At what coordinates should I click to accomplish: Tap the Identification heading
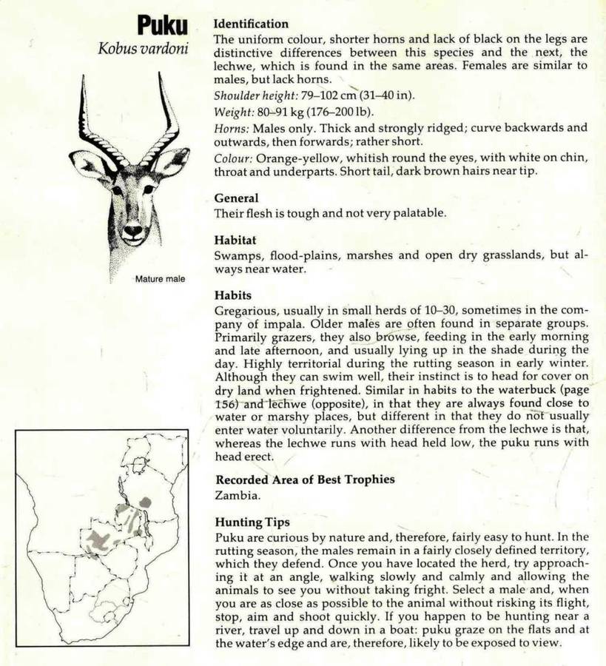(x=251, y=24)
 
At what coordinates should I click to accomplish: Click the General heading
(x=236, y=198)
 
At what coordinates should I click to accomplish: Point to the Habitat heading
(x=235, y=240)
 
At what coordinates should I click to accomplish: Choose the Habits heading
(x=232, y=295)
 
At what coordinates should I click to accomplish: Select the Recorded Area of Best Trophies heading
(x=304, y=479)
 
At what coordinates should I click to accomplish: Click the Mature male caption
(x=159, y=279)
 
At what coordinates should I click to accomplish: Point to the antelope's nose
(x=133, y=230)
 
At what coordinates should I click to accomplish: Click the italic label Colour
(x=234, y=158)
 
